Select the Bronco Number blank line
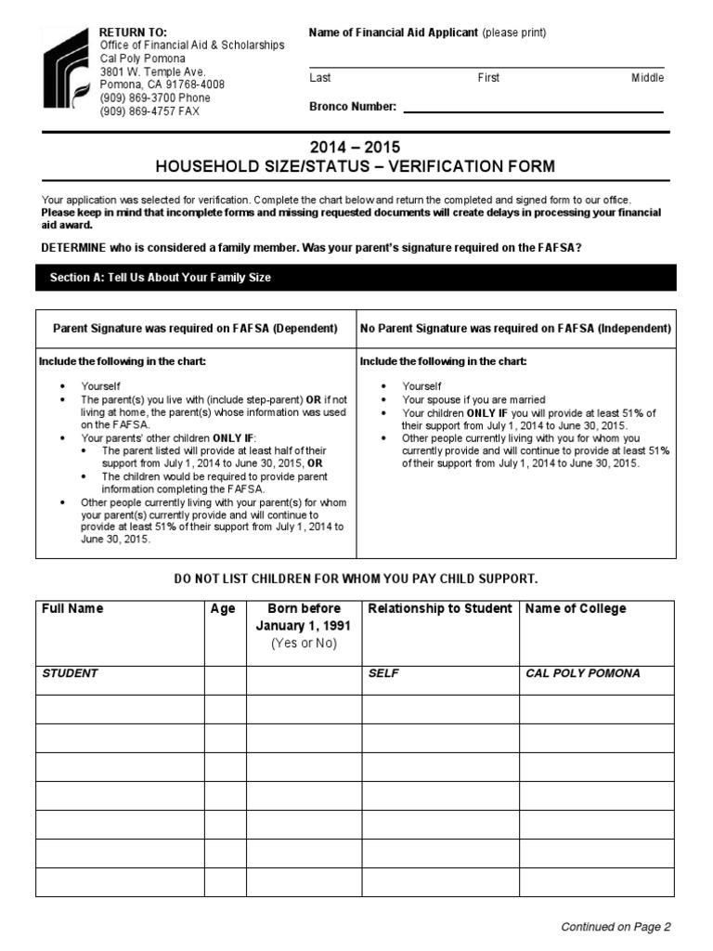(533, 111)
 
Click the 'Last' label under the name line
(319, 78)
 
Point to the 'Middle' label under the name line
(647, 78)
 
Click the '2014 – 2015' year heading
(356, 148)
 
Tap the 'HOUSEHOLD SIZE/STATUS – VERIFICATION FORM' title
(356, 167)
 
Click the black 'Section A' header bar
(356, 278)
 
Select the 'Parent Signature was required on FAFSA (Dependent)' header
(196, 329)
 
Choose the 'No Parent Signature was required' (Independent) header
(515, 329)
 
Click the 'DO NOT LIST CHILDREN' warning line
(356, 579)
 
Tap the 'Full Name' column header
(72, 609)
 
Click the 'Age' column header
(224, 609)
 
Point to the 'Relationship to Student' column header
(439, 609)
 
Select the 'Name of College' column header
(576, 609)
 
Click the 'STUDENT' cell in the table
(70, 673)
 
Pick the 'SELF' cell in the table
(383, 673)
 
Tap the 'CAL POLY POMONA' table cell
(582, 673)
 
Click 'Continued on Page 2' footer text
(616, 926)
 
